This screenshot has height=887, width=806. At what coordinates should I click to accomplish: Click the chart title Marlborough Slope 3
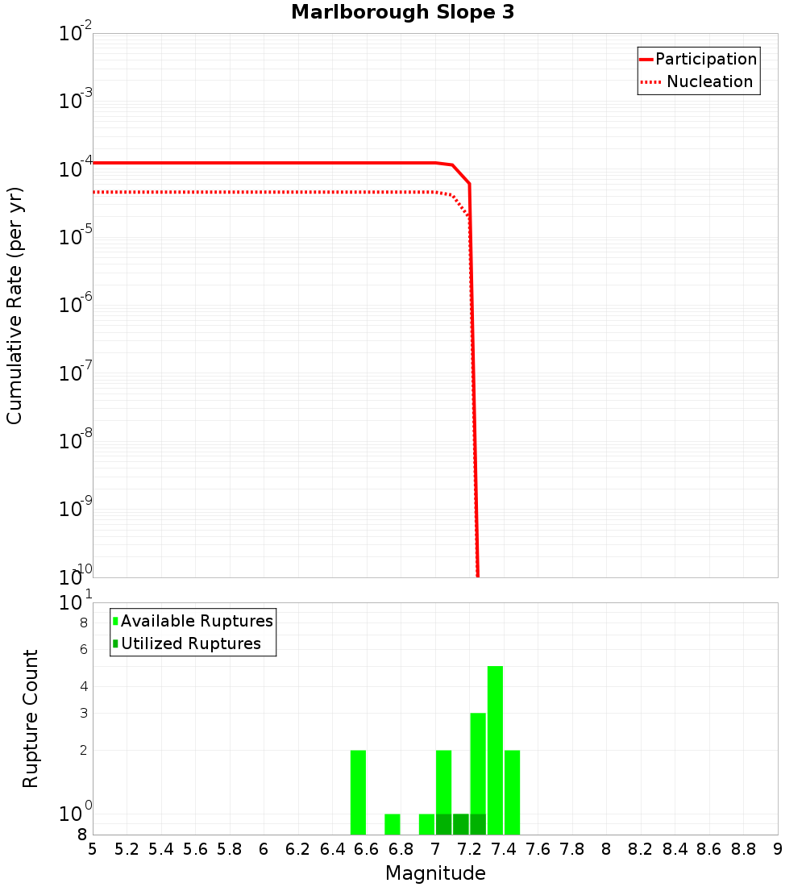click(402, 13)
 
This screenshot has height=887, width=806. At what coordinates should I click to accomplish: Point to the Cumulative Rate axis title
click(15, 305)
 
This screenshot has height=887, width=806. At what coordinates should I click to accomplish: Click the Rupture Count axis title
click(31, 718)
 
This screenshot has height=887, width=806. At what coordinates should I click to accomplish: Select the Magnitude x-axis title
click(435, 873)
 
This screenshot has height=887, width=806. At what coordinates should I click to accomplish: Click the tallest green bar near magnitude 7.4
click(495, 750)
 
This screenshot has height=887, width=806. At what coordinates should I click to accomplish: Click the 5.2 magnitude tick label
click(127, 849)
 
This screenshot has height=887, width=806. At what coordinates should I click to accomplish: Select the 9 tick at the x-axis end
click(777, 849)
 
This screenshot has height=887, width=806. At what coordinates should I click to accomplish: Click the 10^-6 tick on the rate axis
click(76, 306)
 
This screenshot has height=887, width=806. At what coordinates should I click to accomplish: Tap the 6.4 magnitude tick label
click(332, 849)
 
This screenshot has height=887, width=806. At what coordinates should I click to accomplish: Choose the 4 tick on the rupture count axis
click(83, 687)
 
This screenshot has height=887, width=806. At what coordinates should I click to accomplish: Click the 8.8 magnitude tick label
click(743, 849)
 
